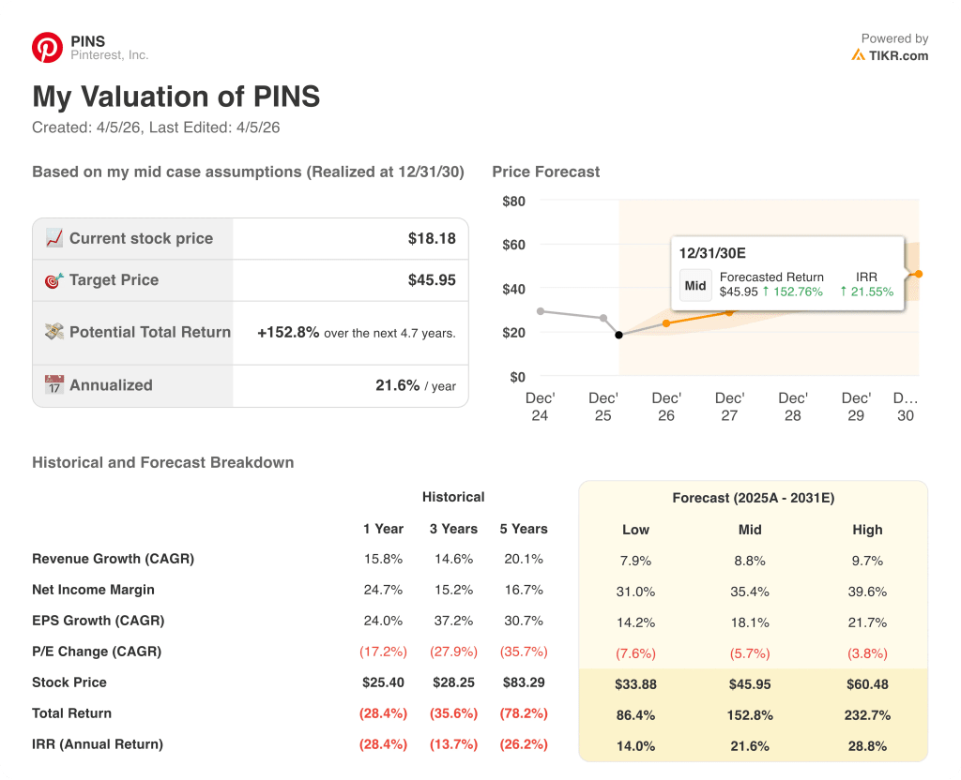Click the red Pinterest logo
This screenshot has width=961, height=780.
pos(47,48)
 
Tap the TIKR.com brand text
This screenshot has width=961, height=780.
pos(898,55)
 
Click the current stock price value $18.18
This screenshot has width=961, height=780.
pos(432,238)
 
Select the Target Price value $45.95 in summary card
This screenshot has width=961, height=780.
pos(432,280)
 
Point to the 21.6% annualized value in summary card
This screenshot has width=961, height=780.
pos(397,385)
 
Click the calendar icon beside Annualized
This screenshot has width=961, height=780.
pos(54,385)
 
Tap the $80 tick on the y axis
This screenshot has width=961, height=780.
pos(513,201)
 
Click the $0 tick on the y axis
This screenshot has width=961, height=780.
pos(516,377)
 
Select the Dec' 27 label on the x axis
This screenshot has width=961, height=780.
pos(729,406)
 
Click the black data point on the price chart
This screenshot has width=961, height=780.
pos(618,335)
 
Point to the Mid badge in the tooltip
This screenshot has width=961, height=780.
pos(695,285)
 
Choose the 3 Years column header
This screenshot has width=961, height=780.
pos(453,529)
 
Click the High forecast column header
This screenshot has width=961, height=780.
pos(867,530)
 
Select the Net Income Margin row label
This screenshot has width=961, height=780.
pos(93,590)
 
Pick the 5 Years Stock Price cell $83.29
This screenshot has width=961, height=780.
pos(523,682)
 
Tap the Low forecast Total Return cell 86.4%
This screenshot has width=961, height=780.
pos(635,715)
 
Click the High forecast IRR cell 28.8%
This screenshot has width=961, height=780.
pos(867,746)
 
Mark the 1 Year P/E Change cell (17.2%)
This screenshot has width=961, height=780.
pos(383,652)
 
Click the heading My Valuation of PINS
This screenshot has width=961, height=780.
pos(176,97)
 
